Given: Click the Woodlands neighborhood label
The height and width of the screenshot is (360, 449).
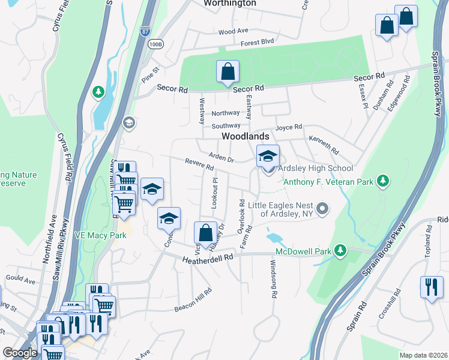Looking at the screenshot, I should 245,137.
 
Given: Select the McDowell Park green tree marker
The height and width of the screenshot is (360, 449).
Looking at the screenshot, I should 341,250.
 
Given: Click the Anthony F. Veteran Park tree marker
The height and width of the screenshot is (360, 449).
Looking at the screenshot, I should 381,181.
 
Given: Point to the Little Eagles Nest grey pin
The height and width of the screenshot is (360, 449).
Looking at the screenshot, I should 323,209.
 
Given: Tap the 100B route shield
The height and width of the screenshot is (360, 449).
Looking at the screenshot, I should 155,44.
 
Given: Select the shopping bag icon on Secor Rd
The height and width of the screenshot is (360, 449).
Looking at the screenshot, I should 228,72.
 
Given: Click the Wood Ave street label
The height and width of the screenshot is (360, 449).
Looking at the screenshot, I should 234,31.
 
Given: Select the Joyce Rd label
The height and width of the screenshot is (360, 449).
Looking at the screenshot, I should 289,128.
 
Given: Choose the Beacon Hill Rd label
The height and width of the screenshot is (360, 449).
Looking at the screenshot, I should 193,301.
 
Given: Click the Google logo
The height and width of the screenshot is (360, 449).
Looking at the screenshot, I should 20,352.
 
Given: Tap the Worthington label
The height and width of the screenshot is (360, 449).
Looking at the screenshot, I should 230,4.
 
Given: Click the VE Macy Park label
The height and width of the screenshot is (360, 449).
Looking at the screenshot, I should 100,235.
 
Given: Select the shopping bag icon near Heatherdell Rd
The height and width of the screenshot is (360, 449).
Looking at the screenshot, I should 205,233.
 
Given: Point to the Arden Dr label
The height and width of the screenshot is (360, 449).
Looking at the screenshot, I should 220,155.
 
